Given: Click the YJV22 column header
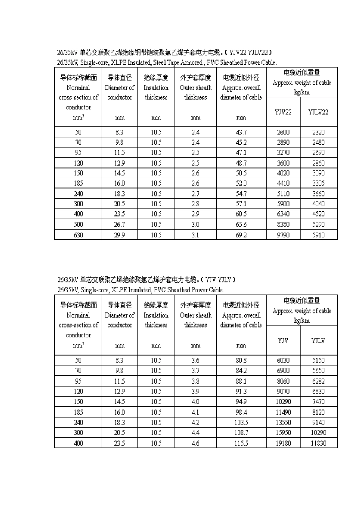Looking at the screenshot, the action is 283,112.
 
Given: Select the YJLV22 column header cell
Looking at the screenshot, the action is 318,112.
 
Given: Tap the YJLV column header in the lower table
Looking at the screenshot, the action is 318,340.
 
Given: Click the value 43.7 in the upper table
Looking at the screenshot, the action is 241,132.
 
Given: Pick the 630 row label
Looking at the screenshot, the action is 78,235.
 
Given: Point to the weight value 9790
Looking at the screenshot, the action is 283,235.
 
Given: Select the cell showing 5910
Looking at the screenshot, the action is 318,235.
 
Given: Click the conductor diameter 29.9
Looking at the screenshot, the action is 119,235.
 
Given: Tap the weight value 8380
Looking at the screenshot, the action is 283,224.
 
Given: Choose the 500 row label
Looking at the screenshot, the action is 78,224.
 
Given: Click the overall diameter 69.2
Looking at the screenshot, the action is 241,235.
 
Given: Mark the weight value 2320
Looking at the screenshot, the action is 318,132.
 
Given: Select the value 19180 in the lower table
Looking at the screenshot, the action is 283,443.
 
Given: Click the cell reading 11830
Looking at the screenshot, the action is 318,443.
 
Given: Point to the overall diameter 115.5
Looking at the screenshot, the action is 241,443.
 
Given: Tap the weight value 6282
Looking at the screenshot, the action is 318,381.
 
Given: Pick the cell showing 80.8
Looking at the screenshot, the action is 241,360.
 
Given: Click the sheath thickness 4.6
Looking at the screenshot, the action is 195,443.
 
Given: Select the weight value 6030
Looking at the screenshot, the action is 283,360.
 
